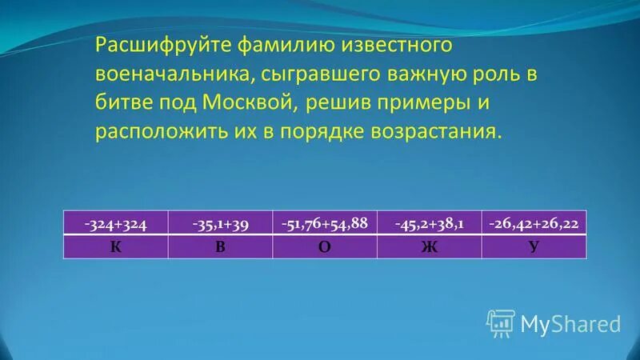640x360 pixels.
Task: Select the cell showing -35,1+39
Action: (220, 223)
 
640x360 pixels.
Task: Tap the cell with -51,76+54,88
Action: (324, 223)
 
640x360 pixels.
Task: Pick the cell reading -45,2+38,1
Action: (429, 223)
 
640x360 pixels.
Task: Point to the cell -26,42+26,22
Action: (534, 223)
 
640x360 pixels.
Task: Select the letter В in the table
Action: (219, 246)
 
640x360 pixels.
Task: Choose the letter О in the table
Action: (324, 246)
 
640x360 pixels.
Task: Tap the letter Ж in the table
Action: (429, 246)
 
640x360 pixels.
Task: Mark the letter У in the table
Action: (534, 246)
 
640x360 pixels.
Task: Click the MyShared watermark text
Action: (570, 323)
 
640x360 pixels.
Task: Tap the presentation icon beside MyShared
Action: (501, 322)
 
